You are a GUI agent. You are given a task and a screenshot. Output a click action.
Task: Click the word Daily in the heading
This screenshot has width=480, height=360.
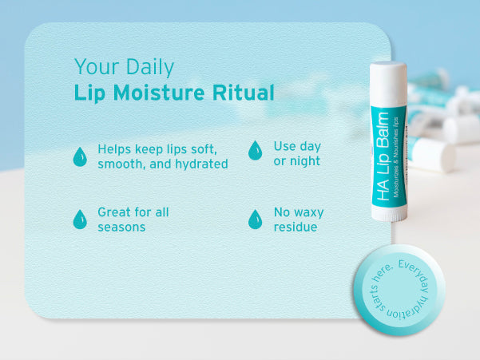point(149,67)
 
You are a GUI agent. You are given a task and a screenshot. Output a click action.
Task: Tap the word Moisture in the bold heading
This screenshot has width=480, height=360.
point(159,93)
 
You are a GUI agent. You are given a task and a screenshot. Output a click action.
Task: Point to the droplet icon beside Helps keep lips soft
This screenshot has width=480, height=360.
point(80,156)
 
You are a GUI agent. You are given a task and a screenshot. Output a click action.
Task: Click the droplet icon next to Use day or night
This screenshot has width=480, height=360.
point(255,150)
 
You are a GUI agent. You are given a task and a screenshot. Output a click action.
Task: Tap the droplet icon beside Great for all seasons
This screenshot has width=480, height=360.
point(80,220)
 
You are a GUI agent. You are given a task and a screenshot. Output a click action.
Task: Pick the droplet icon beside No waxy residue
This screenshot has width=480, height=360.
point(255,220)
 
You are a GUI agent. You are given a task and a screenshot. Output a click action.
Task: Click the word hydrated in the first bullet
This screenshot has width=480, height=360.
point(201,164)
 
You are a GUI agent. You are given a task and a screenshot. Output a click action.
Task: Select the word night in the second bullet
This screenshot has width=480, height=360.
point(305,161)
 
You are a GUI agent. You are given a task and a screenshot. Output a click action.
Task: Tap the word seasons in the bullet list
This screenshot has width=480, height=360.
point(121,227)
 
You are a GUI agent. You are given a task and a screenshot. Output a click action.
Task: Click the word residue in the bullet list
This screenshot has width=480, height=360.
point(296,227)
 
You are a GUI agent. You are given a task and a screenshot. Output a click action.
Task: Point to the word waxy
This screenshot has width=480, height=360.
point(308,212)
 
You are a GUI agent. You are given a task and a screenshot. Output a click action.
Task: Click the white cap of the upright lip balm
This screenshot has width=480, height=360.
point(388,83)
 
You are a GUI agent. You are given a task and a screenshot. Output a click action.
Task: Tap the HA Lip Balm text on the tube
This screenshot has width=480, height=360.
point(383,156)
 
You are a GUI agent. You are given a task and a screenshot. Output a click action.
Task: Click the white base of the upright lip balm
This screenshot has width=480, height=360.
point(390,213)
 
